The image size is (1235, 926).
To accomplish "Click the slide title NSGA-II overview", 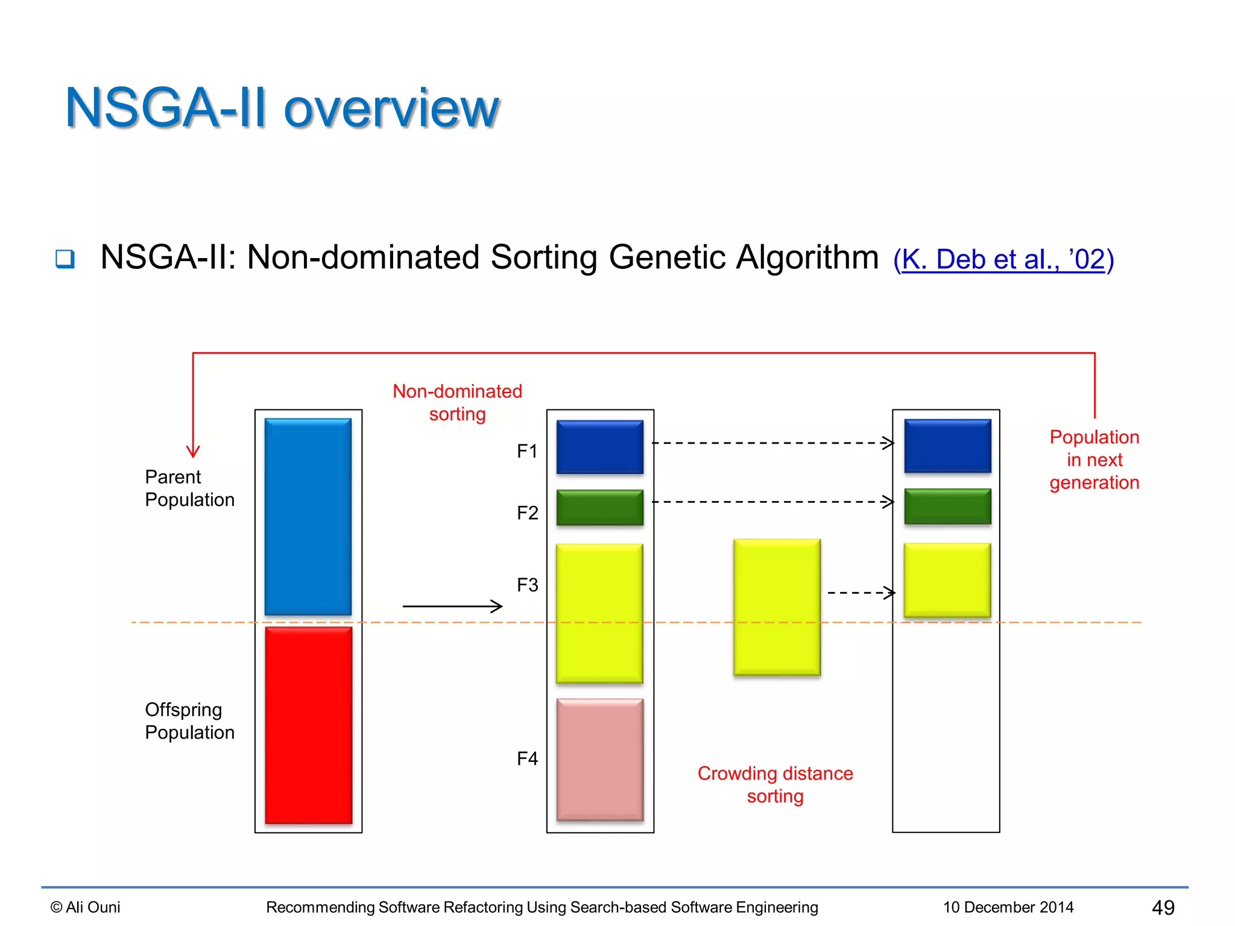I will pos(282,108).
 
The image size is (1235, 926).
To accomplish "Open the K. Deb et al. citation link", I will pos(1003,260).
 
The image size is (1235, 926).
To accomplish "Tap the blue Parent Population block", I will pos(308,517).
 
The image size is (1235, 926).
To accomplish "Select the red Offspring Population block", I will pos(308,725).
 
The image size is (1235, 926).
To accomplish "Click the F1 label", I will pos(527,451).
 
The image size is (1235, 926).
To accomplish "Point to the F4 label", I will pos(527,758).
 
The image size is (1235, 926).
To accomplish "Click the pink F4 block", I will pos(599,760).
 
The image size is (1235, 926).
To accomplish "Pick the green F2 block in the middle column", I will pos(599,507).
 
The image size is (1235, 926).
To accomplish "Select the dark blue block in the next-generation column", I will pos(947,446).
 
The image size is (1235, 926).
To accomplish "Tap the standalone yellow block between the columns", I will pos(777,607).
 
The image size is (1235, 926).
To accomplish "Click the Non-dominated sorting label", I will pos(457,403).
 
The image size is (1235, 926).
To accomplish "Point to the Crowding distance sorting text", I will pos(775,784).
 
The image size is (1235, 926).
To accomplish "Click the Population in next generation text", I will pos(1094,460).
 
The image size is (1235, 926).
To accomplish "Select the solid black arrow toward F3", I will pos(452,606).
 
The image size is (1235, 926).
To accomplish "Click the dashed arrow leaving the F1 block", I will pos(772,443).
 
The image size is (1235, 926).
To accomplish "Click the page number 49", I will pos(1163,907).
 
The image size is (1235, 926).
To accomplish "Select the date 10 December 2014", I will pos(1008,907).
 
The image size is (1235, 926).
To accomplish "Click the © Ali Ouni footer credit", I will pos(86,907).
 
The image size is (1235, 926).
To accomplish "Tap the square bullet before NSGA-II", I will pos(65,259).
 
